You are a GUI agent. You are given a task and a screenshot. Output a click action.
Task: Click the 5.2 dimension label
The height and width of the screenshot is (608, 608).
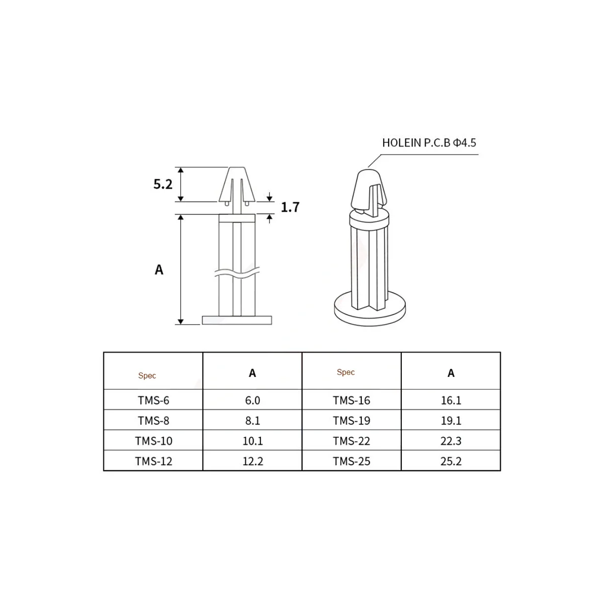[x=163, y=184]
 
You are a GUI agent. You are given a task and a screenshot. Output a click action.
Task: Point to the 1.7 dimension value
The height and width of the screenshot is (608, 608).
[x=290, y=207]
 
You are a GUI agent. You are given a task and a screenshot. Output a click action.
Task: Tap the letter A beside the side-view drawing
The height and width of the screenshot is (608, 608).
[x=159, y=270]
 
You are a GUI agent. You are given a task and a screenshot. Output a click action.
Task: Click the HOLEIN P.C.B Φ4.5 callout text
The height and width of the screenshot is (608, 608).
[x=429, y=142]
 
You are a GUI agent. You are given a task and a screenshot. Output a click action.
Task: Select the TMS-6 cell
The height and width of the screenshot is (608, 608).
[x=154, y=400]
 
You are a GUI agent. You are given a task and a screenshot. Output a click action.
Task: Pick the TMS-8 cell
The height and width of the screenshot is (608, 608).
[x=154, y=421]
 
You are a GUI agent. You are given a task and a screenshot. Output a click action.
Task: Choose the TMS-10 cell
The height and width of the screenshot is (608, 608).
[x=154, y=441]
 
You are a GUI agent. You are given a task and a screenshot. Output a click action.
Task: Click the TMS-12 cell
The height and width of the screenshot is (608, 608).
[x=154, y=461]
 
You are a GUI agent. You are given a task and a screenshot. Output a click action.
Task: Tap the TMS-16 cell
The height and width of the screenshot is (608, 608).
[x=352, y=400]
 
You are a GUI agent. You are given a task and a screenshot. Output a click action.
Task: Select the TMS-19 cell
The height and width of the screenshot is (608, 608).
[x=352, y=421]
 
